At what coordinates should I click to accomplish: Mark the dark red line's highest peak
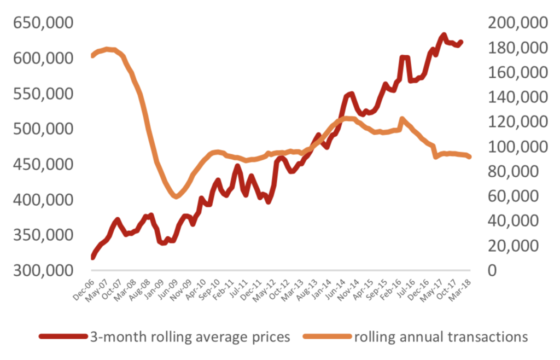click(444, 36)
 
